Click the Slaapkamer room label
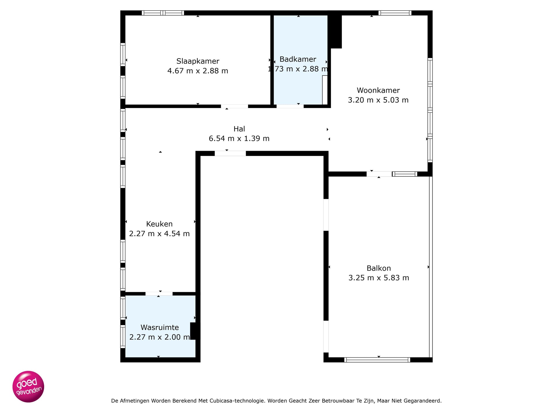click(x=198, y=61)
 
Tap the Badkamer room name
click(x=298, y=59)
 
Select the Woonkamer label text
click(x=378, y=90)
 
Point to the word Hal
click(x=239, y=129)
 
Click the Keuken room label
click(x=159, y=224)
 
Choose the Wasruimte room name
click(x=160, y=327)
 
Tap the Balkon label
click(x=379, y=268)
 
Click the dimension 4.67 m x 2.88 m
click(x=198, y=71)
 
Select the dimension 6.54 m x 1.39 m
click(x=239, y=139)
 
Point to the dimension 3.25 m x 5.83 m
click(x=379, y=278)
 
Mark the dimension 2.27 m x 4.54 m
click(x=159, y=234)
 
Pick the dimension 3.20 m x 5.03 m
click(x=378, y=100)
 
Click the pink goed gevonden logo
click(x=28, y=386)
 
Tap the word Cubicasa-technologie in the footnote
click(x=236, y=401)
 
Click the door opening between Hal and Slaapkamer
click(x=234, y=106)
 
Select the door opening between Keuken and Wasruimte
click(x=159, y=294)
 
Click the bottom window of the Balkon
click(x=377, y=360)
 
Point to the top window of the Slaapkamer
click(x=163, y=13)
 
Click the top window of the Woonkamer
click(x=395, y=13)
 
